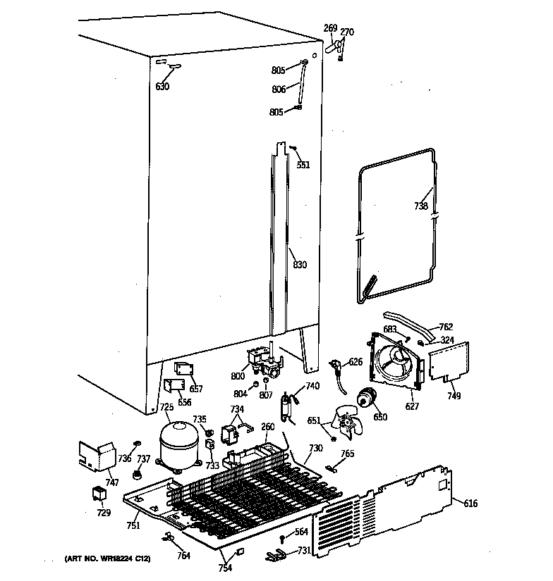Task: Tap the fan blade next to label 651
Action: coord(348,424)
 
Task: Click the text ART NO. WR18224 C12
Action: coord(107,558)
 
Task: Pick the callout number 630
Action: coord(162,87)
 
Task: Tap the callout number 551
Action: coord(303,165)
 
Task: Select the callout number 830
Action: coord(300,265)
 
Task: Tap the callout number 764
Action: coord(183,556)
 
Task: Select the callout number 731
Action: coord(303,550)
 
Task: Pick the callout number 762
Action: coord(446,327)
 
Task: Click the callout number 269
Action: coord(330,27)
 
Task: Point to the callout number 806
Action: coord(278,89)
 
